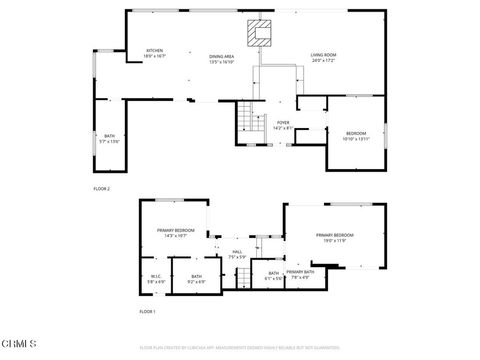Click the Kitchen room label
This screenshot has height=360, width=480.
[155, 54]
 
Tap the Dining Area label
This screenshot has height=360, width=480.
[221, 59]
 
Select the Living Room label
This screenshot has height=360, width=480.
[323, 58]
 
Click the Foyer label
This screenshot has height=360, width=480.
[283, 125]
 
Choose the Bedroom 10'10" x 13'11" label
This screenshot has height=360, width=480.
[356, 136]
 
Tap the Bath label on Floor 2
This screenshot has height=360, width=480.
[109, 138]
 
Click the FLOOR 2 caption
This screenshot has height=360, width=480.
[102, 188]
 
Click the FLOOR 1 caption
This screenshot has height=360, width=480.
[147, 312]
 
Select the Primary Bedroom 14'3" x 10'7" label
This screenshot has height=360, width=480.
[174, 234]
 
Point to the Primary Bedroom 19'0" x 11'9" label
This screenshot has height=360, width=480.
[335, 237]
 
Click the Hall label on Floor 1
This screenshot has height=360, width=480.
[237, 254]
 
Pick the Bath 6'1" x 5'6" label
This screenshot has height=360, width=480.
[273, 275]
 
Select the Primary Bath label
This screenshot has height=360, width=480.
[300, 275]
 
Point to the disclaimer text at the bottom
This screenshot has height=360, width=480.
[240, 347]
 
